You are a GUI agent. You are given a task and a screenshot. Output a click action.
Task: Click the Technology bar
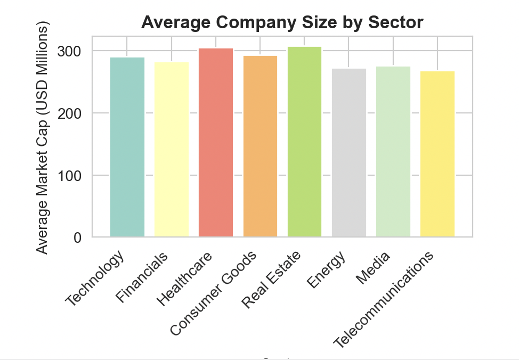point(127,147)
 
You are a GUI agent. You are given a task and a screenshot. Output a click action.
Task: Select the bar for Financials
point(172,150)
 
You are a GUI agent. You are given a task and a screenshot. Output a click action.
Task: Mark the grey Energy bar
point(349,153)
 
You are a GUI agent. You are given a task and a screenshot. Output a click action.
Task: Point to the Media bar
point(393,152)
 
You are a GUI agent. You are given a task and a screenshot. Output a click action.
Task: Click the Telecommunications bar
point(437,154)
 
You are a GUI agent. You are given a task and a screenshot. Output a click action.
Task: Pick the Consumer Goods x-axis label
point(214,293)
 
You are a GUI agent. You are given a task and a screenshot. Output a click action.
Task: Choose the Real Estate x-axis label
point(271,279)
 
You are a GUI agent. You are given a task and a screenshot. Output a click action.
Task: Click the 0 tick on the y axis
point(78,238)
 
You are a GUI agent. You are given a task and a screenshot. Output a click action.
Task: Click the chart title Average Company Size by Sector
point(282,22)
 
